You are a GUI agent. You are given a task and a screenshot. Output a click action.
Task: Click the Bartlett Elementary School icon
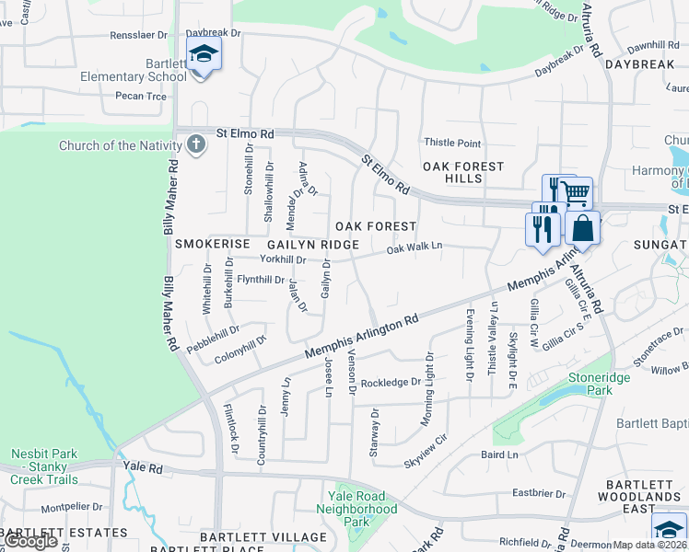point(204,54)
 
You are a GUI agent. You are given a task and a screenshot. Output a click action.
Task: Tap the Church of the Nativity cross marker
point(195,144)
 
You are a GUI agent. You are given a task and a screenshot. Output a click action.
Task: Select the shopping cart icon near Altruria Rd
point(576,193)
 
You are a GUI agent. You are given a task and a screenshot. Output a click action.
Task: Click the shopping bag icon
point(583,227)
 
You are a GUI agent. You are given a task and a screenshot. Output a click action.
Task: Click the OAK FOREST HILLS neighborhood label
point(463,172)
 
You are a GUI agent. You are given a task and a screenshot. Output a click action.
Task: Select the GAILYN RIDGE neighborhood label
point(313,245)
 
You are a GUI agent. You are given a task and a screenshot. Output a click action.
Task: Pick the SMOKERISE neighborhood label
point(213,244)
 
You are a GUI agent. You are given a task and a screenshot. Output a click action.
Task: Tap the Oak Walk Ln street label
point(415,248)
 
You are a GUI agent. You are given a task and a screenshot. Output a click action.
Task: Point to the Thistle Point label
point(452,143)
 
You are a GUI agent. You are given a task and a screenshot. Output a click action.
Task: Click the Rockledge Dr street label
point(391,383)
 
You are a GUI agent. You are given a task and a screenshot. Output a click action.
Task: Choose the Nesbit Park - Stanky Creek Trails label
point(44,466)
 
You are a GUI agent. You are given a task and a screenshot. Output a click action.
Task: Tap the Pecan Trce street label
point(141,96)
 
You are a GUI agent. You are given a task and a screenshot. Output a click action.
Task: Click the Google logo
point(30,541)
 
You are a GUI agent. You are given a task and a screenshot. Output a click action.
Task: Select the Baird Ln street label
point(499,454)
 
